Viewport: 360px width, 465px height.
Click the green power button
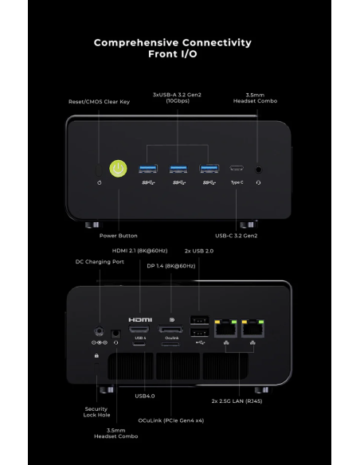(119, 169)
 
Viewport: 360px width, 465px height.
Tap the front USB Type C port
(237, 169)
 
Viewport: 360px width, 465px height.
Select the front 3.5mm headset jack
(259, 170)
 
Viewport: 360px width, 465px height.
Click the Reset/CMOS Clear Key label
(99, 102)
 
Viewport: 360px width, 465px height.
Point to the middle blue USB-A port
(178, 169)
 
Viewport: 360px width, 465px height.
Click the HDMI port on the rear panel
(139, 329)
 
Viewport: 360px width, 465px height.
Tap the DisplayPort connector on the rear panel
(170, 329)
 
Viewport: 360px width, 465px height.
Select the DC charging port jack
(99, 330)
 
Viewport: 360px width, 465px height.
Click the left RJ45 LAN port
(225, 328)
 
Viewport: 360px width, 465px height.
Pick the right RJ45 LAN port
(252, 328)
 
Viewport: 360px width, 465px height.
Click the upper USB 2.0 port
(199, 321)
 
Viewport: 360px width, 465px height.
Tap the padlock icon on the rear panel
(96, 355)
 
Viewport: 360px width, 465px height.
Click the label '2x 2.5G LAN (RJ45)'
(237, 401)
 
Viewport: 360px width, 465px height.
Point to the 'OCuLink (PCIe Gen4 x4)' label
(171, 420)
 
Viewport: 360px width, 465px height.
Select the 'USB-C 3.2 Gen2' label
(237, 236)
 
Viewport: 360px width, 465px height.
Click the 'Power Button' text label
(119, 236)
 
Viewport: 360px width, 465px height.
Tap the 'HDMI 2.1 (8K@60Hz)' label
(139, 251)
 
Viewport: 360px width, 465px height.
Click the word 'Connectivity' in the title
(217, 43)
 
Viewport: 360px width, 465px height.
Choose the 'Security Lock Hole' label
(96, 412)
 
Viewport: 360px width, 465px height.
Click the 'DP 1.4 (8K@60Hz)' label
(171, 266)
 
